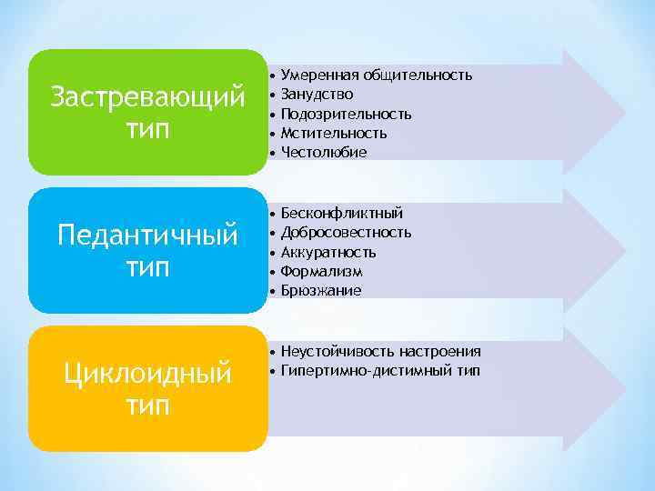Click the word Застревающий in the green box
tap(148, 95)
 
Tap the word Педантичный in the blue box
tap(147, 235)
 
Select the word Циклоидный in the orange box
tap(147, 373)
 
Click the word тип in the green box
tap(148, 129)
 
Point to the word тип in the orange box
tap(147, 406)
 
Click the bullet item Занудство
tap(317, 94)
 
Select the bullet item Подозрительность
tap(346, 114)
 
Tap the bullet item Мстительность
tap(334, 133)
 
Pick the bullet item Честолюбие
tap(324, 152)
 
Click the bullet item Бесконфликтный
tap(341, 213)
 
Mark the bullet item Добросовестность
tap(346, 232)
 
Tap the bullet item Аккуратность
tap(328, 252)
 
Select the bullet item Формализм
tap(321, 271)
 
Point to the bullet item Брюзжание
tap(321, 290)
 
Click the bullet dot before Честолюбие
tap(272, 152)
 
